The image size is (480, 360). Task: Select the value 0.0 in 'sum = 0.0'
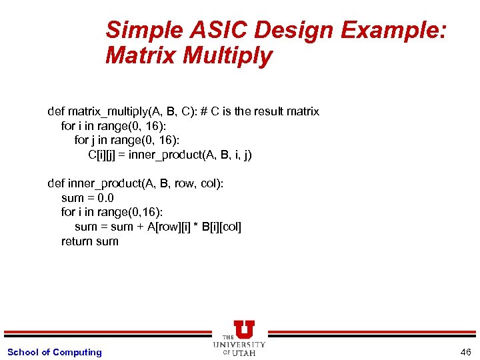(x=105, y=198)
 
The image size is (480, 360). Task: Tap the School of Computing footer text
(x=55, y=352)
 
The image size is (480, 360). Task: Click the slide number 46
(x=465, y=352)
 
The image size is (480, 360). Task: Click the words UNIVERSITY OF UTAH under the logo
(x=239, y=348)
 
